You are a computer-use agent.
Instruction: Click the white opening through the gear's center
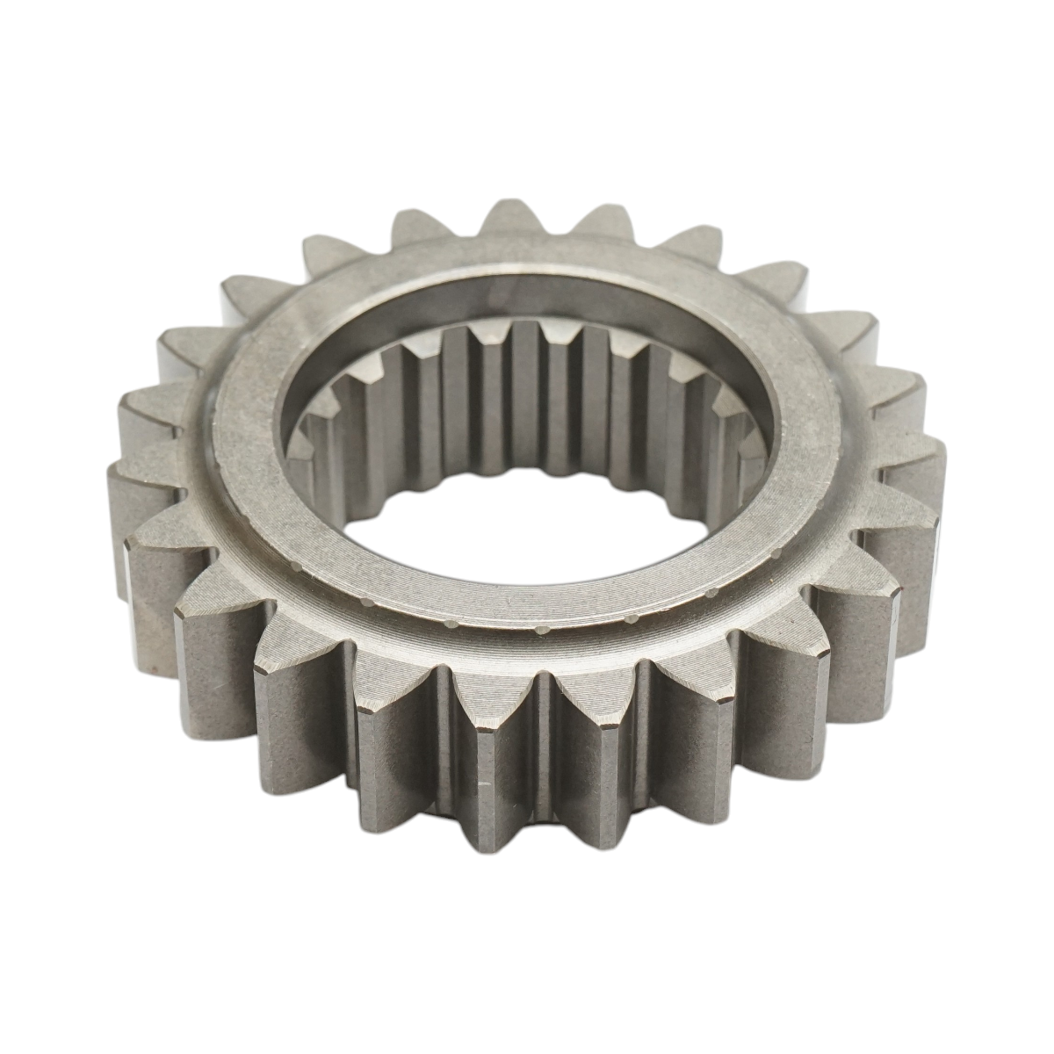[x=527, y=518]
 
